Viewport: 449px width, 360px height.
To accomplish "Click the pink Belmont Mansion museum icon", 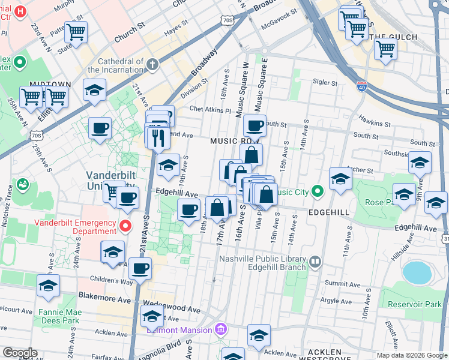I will click(220, 329).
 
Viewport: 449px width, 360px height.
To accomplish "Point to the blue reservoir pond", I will click(417, 272).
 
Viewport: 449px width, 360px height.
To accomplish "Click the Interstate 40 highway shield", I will click(361, 86).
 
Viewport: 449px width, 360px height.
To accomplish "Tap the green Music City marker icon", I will click(318, 192).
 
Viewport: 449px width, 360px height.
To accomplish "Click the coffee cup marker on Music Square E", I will click(255, 126).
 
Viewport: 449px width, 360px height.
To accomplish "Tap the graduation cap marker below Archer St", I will click(340, 179).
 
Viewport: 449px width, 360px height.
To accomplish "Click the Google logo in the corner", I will click(20, 353).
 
